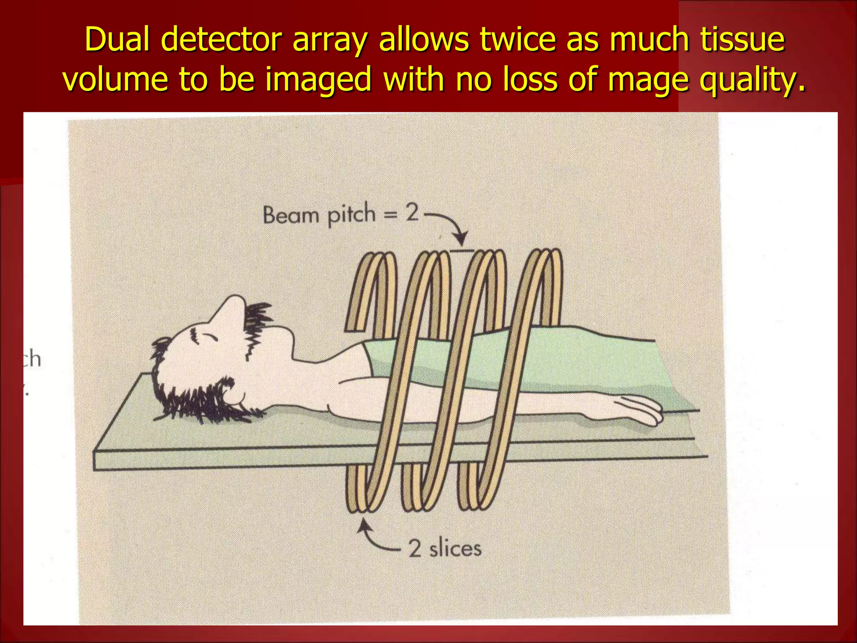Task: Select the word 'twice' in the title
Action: tap(516, 40)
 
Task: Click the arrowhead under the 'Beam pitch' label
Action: tap(461, 240)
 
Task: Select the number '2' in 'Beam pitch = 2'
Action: tap(412, 213)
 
